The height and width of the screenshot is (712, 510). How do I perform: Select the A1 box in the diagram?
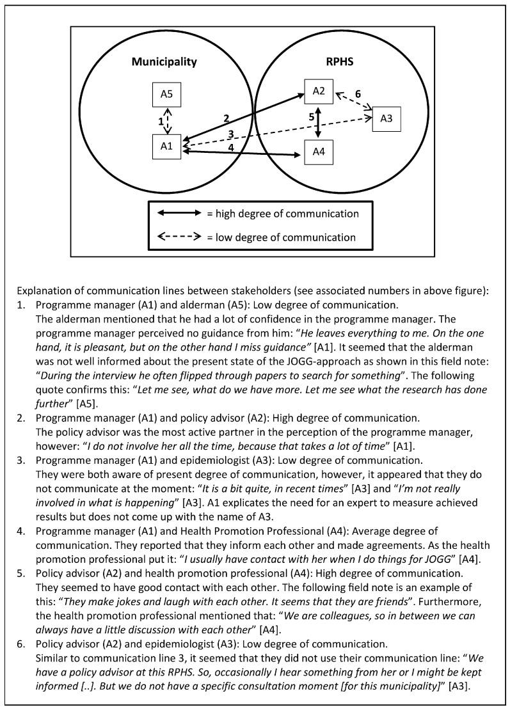tap(166, 146)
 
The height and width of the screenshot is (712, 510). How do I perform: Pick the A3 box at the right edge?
tap(386, 118)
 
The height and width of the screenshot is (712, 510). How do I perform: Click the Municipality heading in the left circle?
tap(164, 62)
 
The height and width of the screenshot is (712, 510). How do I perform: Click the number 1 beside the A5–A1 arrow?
tap(161, 120)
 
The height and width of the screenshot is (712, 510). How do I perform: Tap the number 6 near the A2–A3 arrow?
tap(357, 94)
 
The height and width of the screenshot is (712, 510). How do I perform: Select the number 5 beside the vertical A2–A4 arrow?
tap(312, 118)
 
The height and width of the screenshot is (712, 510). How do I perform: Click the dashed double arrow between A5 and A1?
tap(168, 120)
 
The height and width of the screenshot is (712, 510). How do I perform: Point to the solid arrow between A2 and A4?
tap(319, 122)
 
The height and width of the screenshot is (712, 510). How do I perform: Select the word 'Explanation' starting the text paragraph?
tap(42, 290)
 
